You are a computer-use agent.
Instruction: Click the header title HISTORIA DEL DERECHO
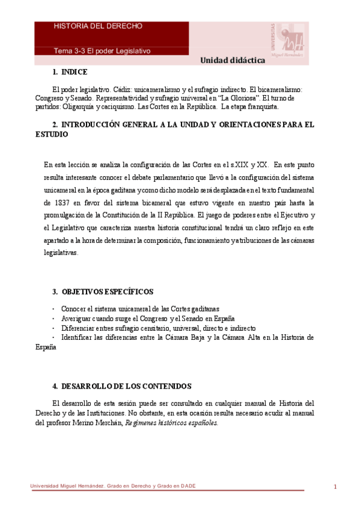coord(98,26)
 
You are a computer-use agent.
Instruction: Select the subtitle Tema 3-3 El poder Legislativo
coord(102,51)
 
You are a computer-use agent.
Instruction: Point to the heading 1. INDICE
coord(70,72)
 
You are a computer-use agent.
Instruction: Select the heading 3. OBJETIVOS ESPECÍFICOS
coord(103,292)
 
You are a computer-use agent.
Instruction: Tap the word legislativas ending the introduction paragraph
coord(61,253)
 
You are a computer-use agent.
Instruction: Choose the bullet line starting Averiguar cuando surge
coord(147,318)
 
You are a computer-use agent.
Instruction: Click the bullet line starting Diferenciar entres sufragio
coord(158,328)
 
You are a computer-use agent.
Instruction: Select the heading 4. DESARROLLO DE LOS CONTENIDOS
coord(121,386)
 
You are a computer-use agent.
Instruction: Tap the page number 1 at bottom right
coord(335,487)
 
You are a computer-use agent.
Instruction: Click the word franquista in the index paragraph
coord(260,106)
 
